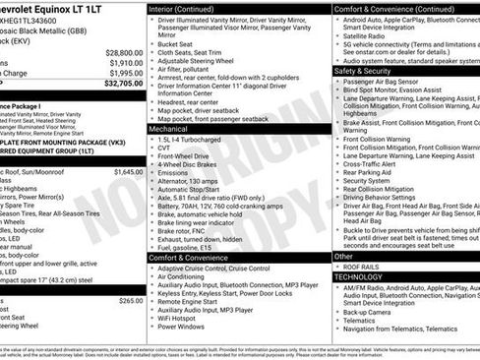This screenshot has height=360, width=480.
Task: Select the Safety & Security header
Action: (363, 72)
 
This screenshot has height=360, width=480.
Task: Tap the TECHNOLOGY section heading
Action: (366, 277)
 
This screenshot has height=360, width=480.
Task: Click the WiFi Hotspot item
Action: (181, 319)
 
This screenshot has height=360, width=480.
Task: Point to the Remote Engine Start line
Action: (192, 299)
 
